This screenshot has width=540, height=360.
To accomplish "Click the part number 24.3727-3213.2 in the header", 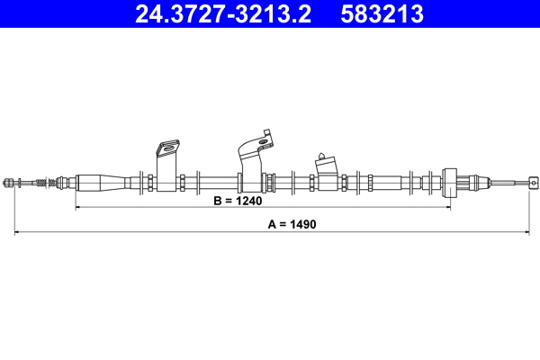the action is point(223,14).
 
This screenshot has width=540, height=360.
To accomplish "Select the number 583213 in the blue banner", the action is point(382,14).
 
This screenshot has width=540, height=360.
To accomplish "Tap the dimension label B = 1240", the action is point(238,201).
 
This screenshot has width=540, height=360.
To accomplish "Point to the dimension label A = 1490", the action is point(292,224).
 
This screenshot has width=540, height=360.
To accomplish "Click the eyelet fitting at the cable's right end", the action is point(533,182).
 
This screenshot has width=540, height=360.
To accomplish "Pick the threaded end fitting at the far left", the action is point(10,183).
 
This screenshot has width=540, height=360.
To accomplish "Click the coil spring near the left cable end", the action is point(40,183).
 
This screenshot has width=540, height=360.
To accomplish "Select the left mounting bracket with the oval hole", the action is point(167,166).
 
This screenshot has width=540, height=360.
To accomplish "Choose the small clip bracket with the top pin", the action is point(326,172).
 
